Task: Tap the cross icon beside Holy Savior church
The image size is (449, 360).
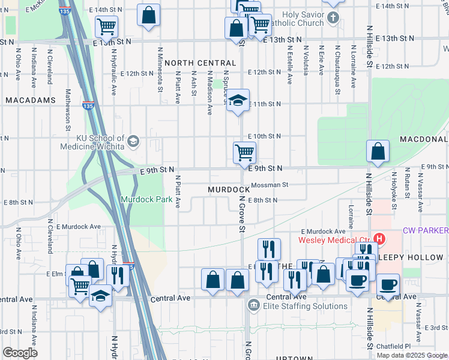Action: coord(334,19)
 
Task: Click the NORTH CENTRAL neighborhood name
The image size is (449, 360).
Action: coord(200,63)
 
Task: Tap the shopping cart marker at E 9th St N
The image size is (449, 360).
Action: coord(244,152)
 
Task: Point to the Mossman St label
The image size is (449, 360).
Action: coord(270,185)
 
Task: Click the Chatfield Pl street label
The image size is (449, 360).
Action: coord(394,346)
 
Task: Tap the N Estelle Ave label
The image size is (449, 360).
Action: coord(289,65)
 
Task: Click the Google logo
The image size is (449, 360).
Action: coord(20,353)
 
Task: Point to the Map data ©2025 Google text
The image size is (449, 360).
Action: coord(412,355)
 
